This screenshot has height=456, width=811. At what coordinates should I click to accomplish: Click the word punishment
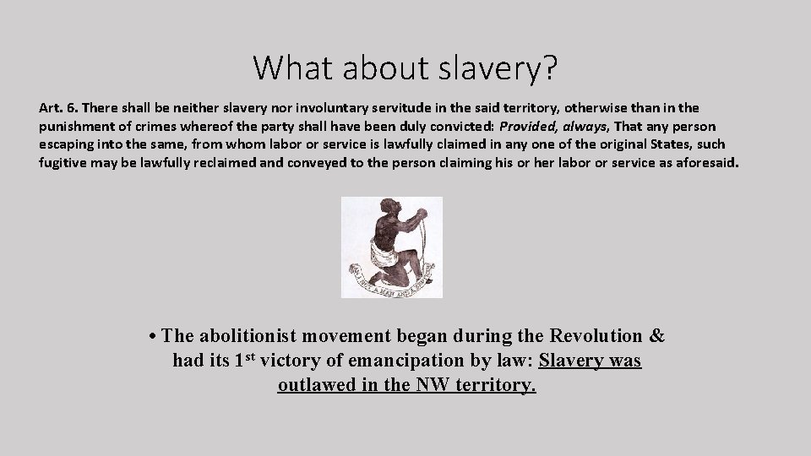76,127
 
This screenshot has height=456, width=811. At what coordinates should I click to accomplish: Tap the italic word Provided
529,127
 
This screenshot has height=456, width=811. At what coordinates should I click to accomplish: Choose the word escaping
68,144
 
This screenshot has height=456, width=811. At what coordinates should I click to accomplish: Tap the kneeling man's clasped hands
416,220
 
